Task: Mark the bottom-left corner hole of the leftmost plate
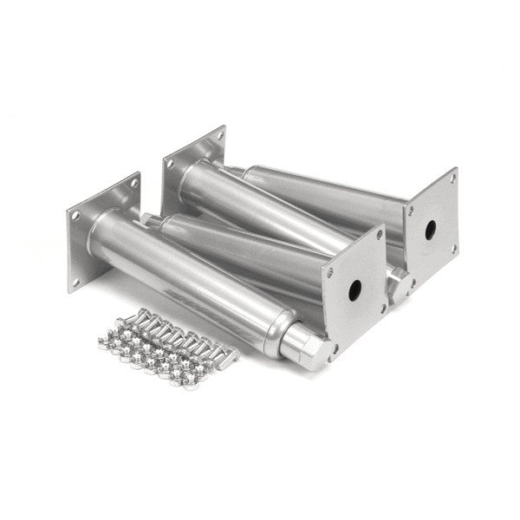(75, 279)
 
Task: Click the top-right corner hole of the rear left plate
(220, 136)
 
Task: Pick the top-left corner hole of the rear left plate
(170, 163)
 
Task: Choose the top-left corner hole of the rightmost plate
(410, 210)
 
